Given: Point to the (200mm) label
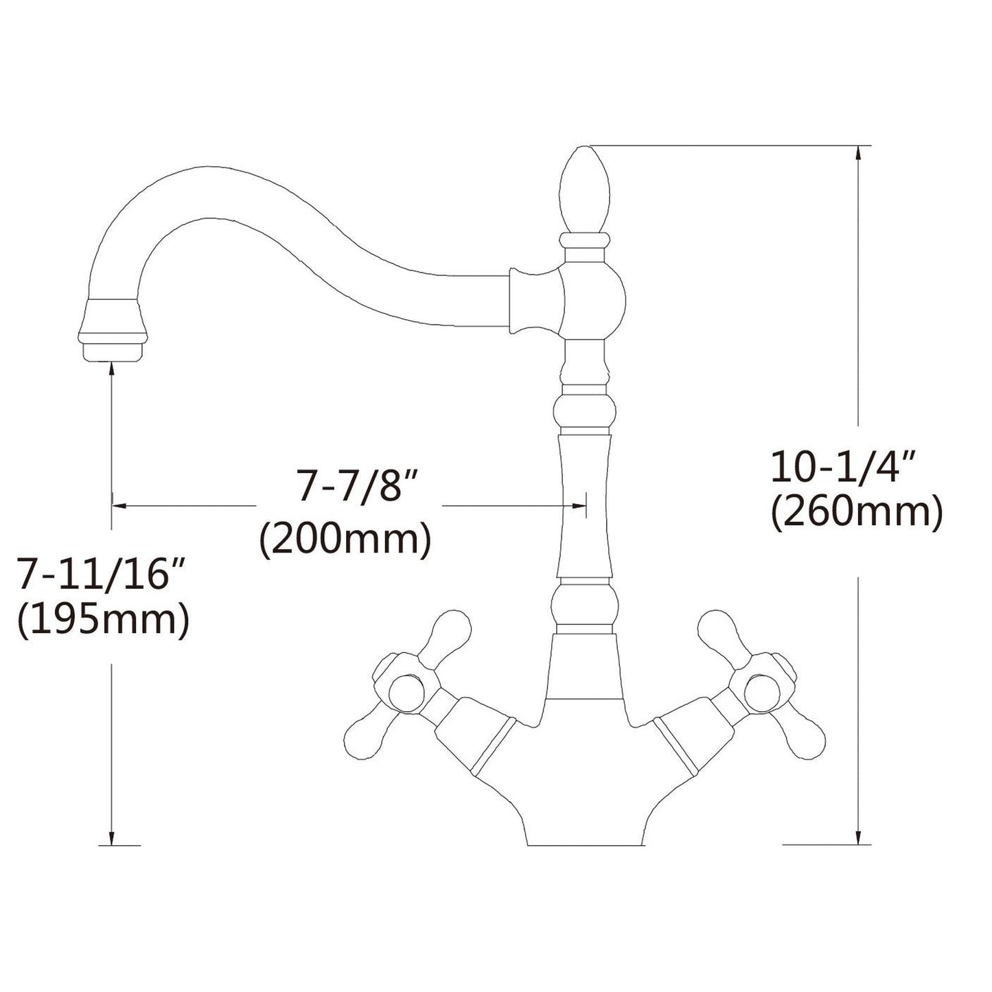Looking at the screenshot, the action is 344,540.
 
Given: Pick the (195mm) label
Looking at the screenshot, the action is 104,620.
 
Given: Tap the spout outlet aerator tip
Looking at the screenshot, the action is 113,330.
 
